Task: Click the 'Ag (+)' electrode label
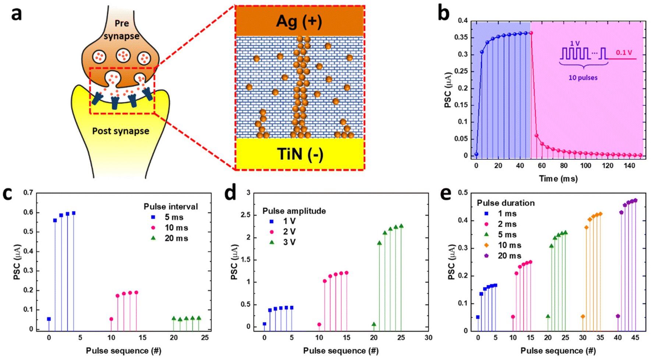click(299, 22)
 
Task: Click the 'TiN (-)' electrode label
click(300, 154)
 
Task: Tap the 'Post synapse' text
click(121, 131)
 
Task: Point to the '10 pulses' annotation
click(583, 78)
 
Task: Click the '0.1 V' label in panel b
click(624, 52)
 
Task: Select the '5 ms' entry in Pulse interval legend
click(174, 217)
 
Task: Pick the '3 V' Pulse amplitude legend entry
click(289, 242)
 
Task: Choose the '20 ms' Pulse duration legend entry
click(509, 256)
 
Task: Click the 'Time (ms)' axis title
click(558, 179)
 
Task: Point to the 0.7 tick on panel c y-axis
click(28, 193)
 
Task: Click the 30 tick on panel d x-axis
click(428, 337)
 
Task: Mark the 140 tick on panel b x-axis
click(629, 166)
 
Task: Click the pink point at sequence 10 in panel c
click(111, 319)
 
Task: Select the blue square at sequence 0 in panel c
click(49, 319)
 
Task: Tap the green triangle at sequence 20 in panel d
click(374, 324)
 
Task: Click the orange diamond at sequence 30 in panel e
click(583, 317)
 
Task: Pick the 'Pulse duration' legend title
click(506, 203)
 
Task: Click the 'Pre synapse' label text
click(122, 29)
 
